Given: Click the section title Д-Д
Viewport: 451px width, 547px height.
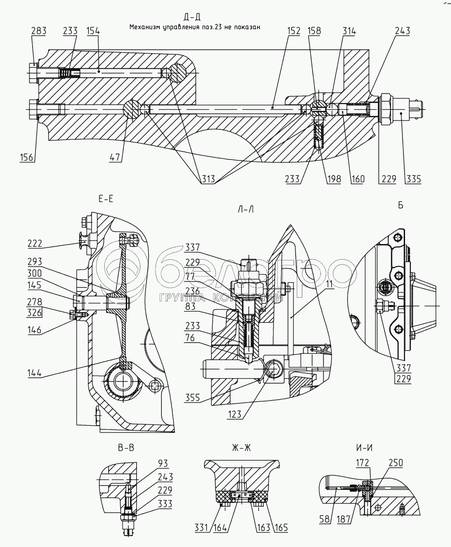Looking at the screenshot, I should [192, 17].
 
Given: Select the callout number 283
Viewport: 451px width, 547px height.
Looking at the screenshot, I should [39, 31].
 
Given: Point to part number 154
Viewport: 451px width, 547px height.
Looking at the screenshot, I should [94, 31].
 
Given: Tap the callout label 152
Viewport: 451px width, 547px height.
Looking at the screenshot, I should [294, 31].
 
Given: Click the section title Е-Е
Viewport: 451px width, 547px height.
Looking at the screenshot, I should [105, 199].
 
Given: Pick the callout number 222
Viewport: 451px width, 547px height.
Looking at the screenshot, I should [35, 244].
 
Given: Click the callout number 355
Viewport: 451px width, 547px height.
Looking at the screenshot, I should [192, 397].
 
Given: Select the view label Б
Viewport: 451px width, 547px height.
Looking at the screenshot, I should [400, 205].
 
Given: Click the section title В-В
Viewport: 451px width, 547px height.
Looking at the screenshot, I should [126, 448].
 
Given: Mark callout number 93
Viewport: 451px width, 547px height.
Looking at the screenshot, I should [163, 464].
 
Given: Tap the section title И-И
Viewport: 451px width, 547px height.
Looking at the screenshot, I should [364, 448].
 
